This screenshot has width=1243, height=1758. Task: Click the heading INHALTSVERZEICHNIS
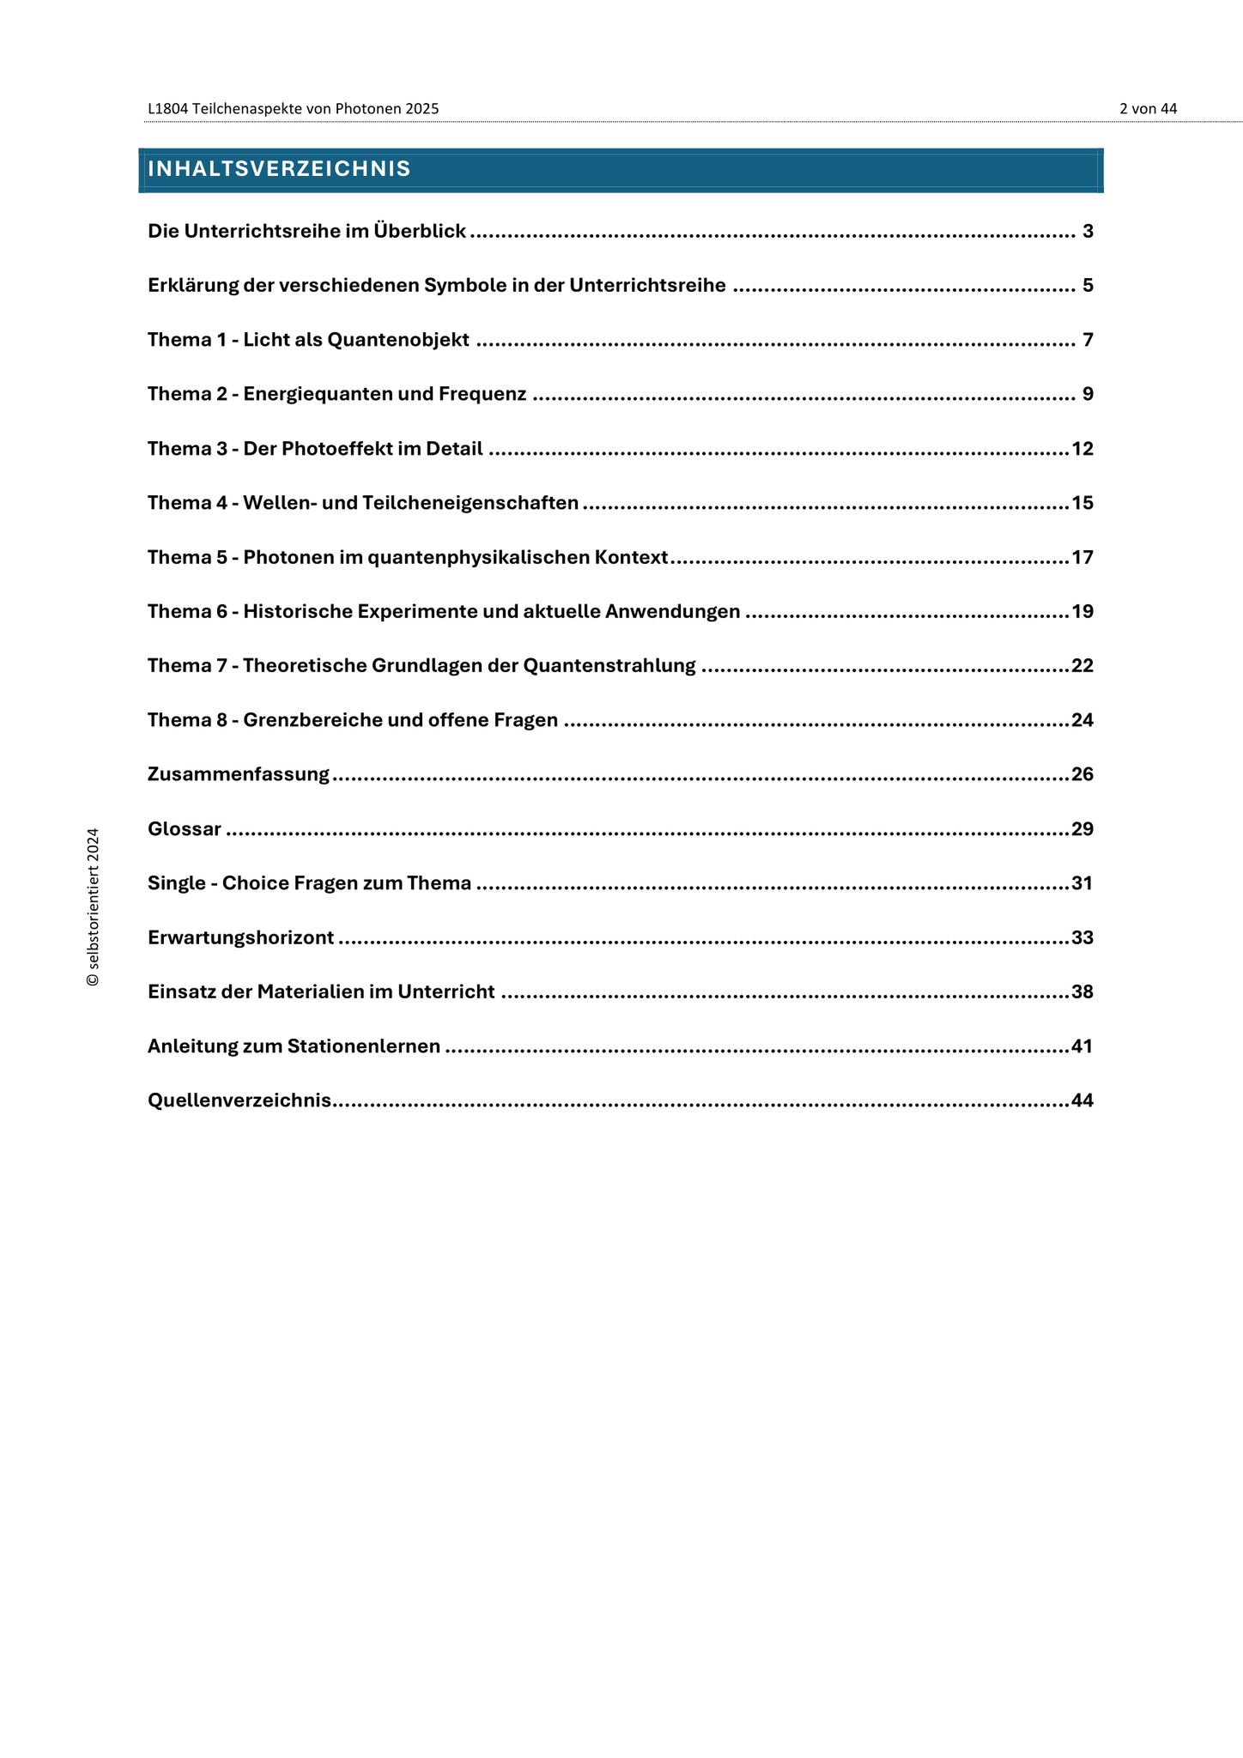[279, 169]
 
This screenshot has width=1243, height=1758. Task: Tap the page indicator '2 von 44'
[1148, 109]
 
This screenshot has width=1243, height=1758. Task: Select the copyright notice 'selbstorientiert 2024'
[94, 906]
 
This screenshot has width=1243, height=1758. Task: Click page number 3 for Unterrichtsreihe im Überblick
[1088, 231]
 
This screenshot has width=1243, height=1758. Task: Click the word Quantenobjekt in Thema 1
[398, 340]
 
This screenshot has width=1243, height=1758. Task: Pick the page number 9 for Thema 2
[1088, 394]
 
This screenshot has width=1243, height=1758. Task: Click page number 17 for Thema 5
[1082, 558]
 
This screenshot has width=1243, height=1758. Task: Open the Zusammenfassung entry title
[239, 774]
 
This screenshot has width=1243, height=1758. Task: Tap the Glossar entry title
[185, 829]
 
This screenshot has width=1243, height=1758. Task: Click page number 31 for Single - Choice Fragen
[1082, 883]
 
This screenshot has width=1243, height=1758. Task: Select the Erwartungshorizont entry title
[240, 937]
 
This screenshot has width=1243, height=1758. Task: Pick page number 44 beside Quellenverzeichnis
[1082, 1100]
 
